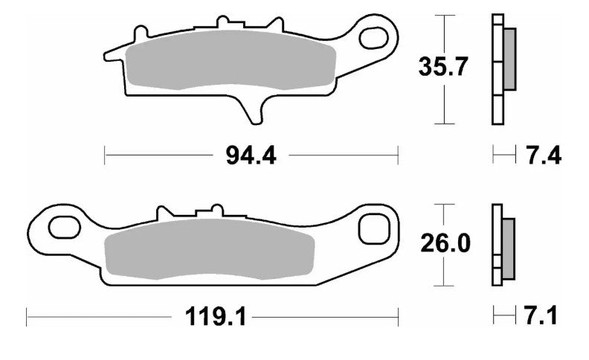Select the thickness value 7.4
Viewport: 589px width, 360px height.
tap(543, 156)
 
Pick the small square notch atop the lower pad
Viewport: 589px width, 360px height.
tap(218, 208)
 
